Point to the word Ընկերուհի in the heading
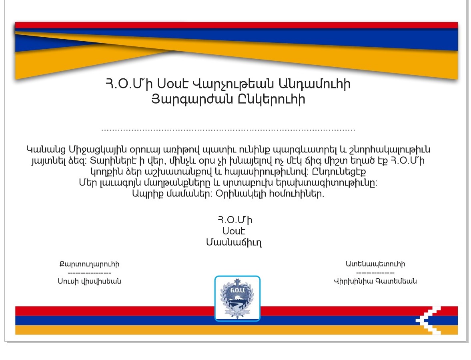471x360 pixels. pyautogui.click(x=271, y=99)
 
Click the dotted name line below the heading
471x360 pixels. pyautogui.click(x=228, y=130)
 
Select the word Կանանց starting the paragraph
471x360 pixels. pyautogui.click(x=46, y=149)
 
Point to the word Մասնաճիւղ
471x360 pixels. pyautogui.click(x=234, y=242)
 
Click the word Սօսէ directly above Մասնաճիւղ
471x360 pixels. pyautogui.click(x=234, y=231)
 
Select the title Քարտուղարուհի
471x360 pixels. pyautogui.click(x=89, y=264)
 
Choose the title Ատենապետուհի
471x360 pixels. pyautogui.click(x=375, y=264)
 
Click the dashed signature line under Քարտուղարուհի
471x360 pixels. pyautogui.click(x=90, y=273)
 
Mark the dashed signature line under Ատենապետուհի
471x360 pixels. pyautogui.click(x=375, y=273)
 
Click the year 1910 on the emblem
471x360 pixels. pyautogui.click(x=237, y=314)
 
